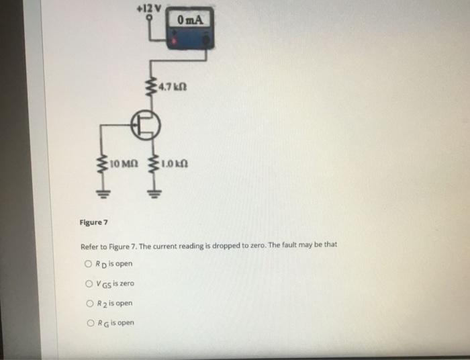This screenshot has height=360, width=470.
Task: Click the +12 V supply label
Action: coord(148,8)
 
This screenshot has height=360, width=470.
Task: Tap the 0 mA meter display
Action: coord(190,19)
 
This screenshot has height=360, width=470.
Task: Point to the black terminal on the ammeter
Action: coord(207,40)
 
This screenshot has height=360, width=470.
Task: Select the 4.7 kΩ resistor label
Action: coord(173,87)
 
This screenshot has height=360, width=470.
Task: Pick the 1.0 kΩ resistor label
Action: coord(175,164)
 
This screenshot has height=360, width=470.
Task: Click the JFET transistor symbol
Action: coord(146,125)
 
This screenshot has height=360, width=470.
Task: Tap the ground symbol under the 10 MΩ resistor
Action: coord(103,195)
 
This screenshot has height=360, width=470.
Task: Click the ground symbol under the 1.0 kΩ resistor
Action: coord(154,195)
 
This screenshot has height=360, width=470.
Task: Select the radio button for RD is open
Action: coord(88,264)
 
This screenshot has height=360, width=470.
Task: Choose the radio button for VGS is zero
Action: coord(89,283)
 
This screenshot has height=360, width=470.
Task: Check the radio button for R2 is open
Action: coord(89,304)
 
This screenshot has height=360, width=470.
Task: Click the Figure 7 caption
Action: coord(93,222)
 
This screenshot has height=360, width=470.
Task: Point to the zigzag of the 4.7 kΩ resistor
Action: coord(151,87)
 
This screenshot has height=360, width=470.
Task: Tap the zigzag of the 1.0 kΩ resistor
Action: coord(154,165)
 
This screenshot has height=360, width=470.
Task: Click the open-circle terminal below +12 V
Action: coord(149,17)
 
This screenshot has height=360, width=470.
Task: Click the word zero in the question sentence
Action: coord(258,246)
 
